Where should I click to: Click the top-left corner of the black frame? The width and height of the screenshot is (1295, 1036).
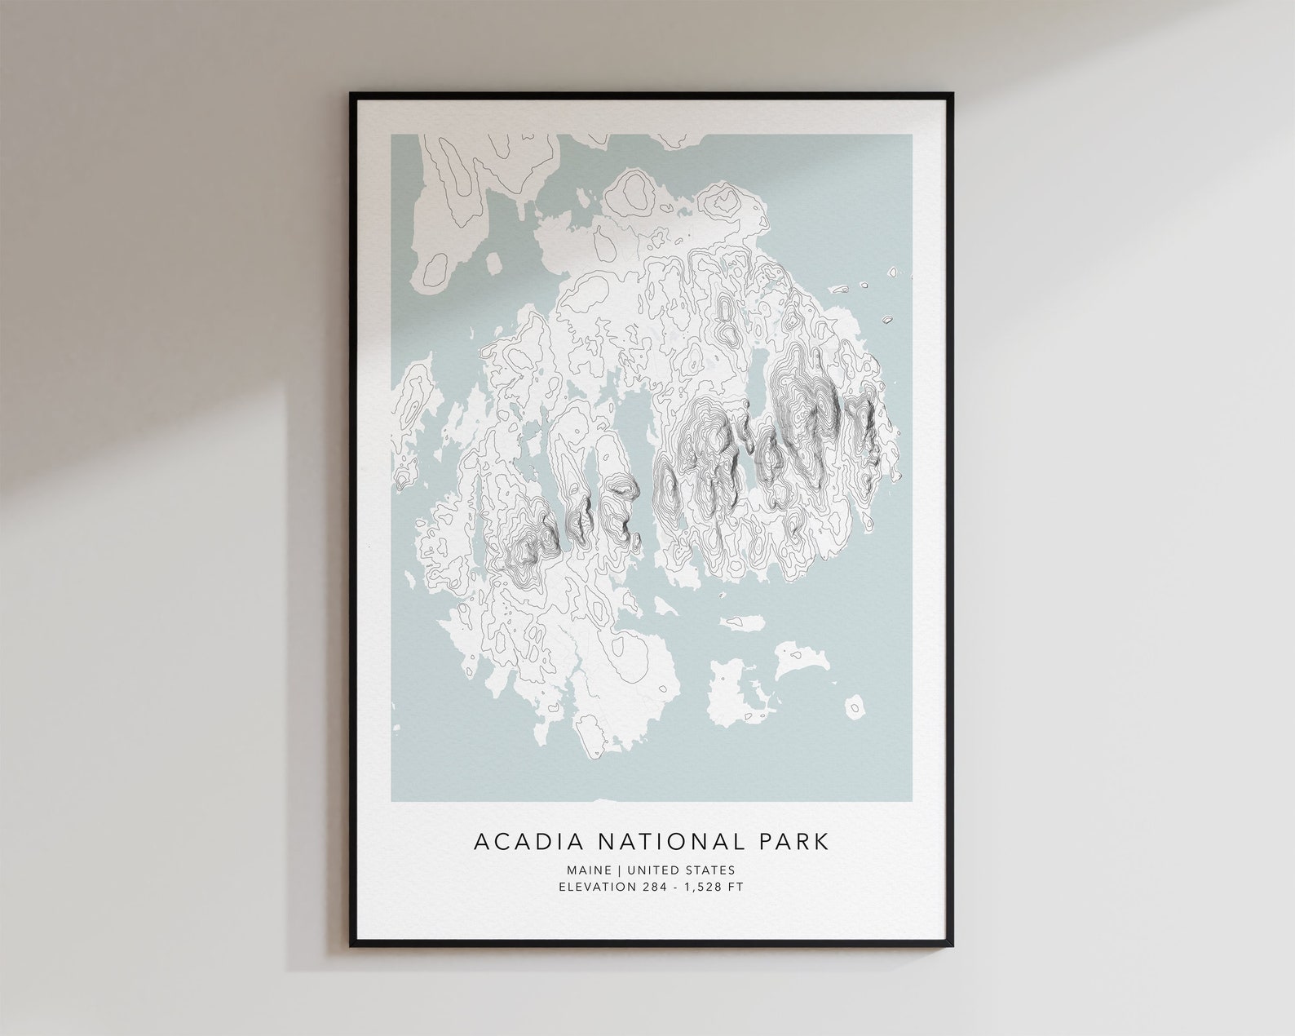(x=352, y=95)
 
